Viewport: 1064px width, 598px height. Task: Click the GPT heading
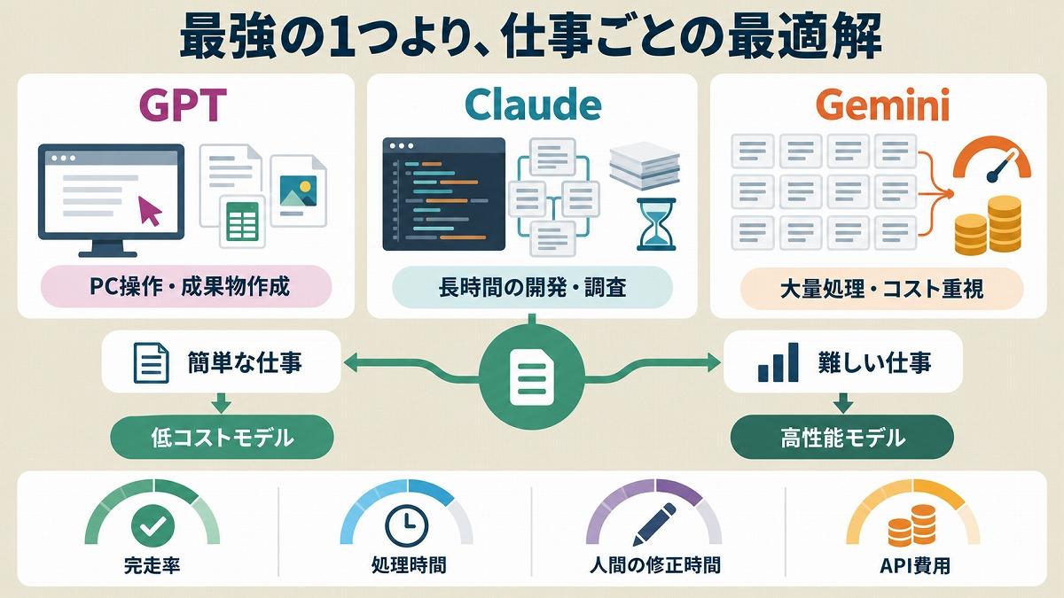183,105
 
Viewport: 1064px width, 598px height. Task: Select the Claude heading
533,105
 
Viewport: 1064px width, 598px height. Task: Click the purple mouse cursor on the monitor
149,210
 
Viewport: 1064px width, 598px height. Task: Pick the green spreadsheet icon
242,221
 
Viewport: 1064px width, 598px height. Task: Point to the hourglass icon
656,224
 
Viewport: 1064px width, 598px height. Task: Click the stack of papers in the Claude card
645,164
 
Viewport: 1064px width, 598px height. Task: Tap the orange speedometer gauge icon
992,160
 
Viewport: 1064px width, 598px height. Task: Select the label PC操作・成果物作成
189,287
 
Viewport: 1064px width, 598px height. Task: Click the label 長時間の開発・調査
532,287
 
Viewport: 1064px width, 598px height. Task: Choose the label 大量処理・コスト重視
881,289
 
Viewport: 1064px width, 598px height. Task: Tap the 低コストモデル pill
222,437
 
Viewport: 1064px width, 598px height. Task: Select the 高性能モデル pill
841,437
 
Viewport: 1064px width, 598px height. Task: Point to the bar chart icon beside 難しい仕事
778,362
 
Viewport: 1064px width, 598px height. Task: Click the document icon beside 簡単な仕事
152,362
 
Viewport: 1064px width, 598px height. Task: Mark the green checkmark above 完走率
153,524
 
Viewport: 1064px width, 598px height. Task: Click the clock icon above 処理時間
407,525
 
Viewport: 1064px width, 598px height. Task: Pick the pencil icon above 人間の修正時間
654,524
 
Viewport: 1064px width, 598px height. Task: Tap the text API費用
915,566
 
